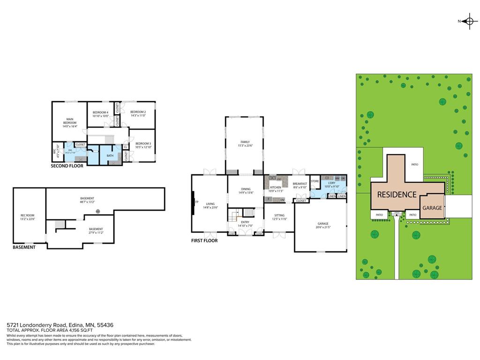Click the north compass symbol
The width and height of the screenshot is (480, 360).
[x=469, y=21]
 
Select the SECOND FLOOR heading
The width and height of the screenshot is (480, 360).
[x=67, y=166]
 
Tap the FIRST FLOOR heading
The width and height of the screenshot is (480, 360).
[x=204, y=240]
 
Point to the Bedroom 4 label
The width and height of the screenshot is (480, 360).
[x=100, y=112]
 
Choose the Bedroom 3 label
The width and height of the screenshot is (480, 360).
[x=143, y=143]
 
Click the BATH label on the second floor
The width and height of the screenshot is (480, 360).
[x=110, y=156]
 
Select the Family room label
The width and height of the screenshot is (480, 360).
[x=245, y=142]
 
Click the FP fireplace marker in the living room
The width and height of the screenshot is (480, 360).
[x=197, y=202]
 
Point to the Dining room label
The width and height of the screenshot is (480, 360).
[x=246, y=189]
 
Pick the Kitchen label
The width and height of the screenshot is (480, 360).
[x=275, y=187]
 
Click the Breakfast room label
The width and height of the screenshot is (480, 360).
[x=300, y=184]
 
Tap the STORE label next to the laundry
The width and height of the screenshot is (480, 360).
[x=315, y=181]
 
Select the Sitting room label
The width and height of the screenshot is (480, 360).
[x=279, y=216]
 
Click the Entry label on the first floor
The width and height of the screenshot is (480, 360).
[x=245, y=222]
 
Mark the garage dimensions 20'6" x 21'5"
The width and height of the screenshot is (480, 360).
[x=323, y=227]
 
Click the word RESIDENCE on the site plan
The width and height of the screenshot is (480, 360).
[x=397, y=194]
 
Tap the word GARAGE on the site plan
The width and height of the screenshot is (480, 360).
[x=432, y=208]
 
